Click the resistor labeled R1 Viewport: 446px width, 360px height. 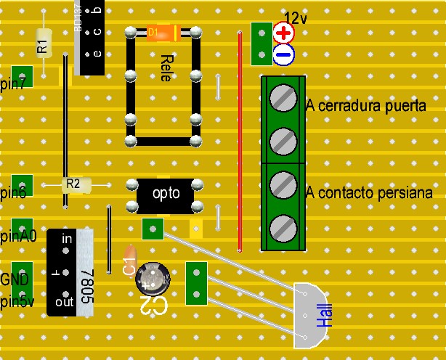(42, 44)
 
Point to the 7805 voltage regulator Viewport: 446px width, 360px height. (71, 272)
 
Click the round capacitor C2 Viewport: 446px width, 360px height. (153, 279)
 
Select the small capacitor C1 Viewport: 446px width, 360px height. (129, 261)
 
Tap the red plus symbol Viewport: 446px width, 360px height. (283, 33)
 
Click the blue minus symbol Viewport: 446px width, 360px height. (283, 54)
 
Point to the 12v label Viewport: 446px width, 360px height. (296, 16)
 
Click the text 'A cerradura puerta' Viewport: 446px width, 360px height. (366, 106)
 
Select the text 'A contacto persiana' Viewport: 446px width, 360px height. (370, 192)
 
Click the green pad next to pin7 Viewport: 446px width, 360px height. (23, 75)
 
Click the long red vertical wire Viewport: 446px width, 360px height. (240, 142)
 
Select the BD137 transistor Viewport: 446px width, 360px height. (88, 36)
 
